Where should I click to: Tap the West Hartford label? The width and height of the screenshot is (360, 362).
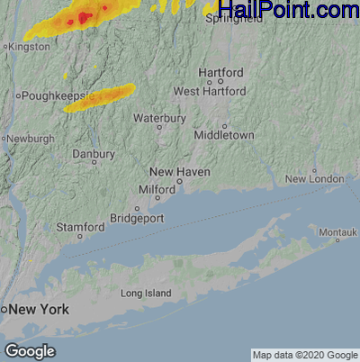[x=210, y=91]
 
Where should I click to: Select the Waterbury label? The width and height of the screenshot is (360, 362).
[x=159, y=118]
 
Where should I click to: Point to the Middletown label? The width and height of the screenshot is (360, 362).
[x=225, y=135]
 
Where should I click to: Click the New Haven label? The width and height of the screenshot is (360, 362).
[x=174, y=170]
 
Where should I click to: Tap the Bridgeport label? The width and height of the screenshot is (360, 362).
[x=136, y=218]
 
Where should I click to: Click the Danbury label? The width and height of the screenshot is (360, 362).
[x=94, y=154]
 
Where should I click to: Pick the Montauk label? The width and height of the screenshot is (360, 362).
[x=338, y=233]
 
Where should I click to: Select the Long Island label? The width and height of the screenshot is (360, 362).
[x=145, y=294]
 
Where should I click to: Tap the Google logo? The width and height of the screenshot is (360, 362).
[x=30, y=350]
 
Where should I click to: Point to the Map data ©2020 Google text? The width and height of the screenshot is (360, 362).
[x=304, y=354]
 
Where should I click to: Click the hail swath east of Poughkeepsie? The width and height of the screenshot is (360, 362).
[x=100, y=97]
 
